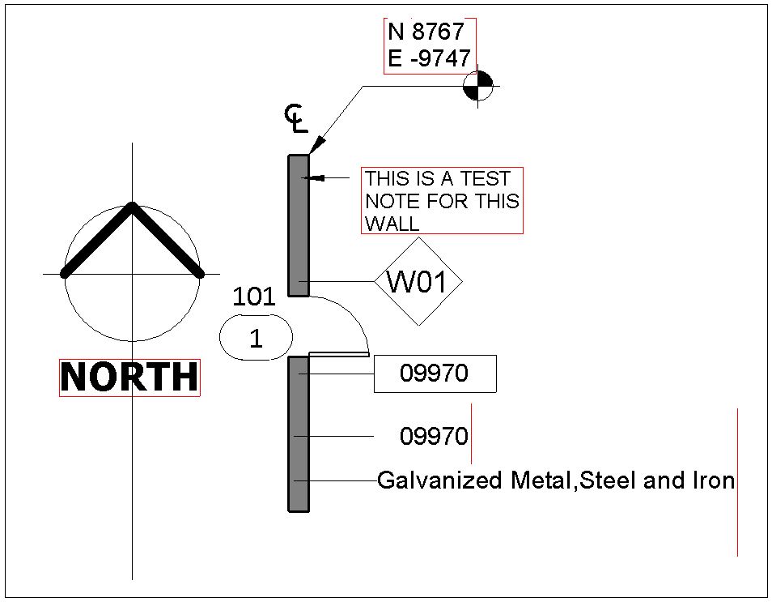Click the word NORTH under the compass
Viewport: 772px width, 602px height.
tap(129, 378)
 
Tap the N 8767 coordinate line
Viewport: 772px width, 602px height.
tap(426, 32)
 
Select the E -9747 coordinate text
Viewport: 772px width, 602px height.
tap(430, 58)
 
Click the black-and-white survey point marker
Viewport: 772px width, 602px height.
tap(478, 86)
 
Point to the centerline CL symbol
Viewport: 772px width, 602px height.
tap(296, 118)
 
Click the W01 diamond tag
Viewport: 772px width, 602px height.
tap(418, 281)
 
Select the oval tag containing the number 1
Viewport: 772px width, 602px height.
tap(256, 338)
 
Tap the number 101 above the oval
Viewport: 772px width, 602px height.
tap(253, 297)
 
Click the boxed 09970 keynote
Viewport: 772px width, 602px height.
tap(435, 374)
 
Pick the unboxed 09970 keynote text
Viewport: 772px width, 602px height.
tap(434, 437)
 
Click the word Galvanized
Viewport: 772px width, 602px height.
tap(439, 480)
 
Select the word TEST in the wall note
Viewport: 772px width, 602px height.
tap(485, 178)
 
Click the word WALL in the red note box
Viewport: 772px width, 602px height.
tap(392, 224)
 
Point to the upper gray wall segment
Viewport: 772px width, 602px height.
tap(299, 225)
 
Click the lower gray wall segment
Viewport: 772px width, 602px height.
tap(299, 433)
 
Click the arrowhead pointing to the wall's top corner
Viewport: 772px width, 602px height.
tap(316, 145)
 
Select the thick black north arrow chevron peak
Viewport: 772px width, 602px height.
tap(132, 203)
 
